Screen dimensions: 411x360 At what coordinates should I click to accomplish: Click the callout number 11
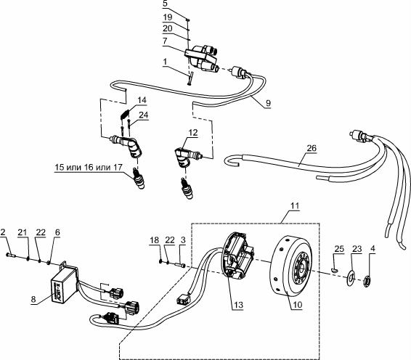coord(295,205)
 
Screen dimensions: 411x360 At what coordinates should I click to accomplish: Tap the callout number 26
coord(312,148)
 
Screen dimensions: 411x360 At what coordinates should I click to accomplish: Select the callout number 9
coord(268,103)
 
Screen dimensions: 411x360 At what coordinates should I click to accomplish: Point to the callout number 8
coord(33,299)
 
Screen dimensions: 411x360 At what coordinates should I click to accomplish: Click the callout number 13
coord(238,305)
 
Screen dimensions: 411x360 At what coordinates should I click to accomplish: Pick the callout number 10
coord(298,305)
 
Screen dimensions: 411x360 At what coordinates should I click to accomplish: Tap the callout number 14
coord(142,100)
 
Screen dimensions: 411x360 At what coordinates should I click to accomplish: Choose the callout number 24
coord(143,115)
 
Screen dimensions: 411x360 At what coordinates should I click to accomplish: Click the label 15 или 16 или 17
coord(89,167)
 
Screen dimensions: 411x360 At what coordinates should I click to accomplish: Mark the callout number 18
coord(155,240)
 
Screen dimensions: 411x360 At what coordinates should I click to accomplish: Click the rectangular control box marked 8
coord(65,285)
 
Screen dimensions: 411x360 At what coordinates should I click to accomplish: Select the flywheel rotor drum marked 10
coord(291,265)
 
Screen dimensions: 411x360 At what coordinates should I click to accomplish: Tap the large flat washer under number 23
coord(350,278)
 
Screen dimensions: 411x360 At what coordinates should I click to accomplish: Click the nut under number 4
coord(367,282)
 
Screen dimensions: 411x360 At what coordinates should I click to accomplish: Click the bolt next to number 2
coord(11,255)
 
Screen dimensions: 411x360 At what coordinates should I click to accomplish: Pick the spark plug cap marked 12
coord(186,155)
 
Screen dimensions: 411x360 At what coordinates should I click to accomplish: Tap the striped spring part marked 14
coord(125,114)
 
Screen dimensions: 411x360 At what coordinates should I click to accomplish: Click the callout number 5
coord(164,4)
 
